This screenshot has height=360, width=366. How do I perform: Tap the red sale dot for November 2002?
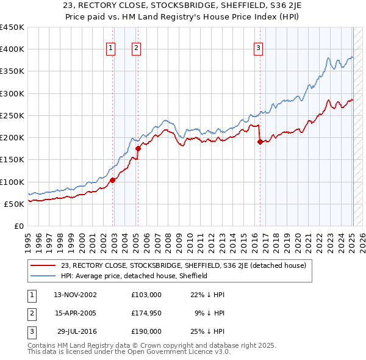pyautogui.click(x=113, y=180)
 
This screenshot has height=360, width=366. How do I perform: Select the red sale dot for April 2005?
pyautogui.click(x=138, y=148)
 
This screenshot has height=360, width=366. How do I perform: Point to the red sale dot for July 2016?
pyautogui.click(x=260, y=142)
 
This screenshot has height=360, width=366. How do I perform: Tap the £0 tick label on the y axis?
pyautogui.click(x=18, y=226)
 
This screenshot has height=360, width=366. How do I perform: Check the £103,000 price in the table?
pyautogui.click(x=146, y=294)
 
